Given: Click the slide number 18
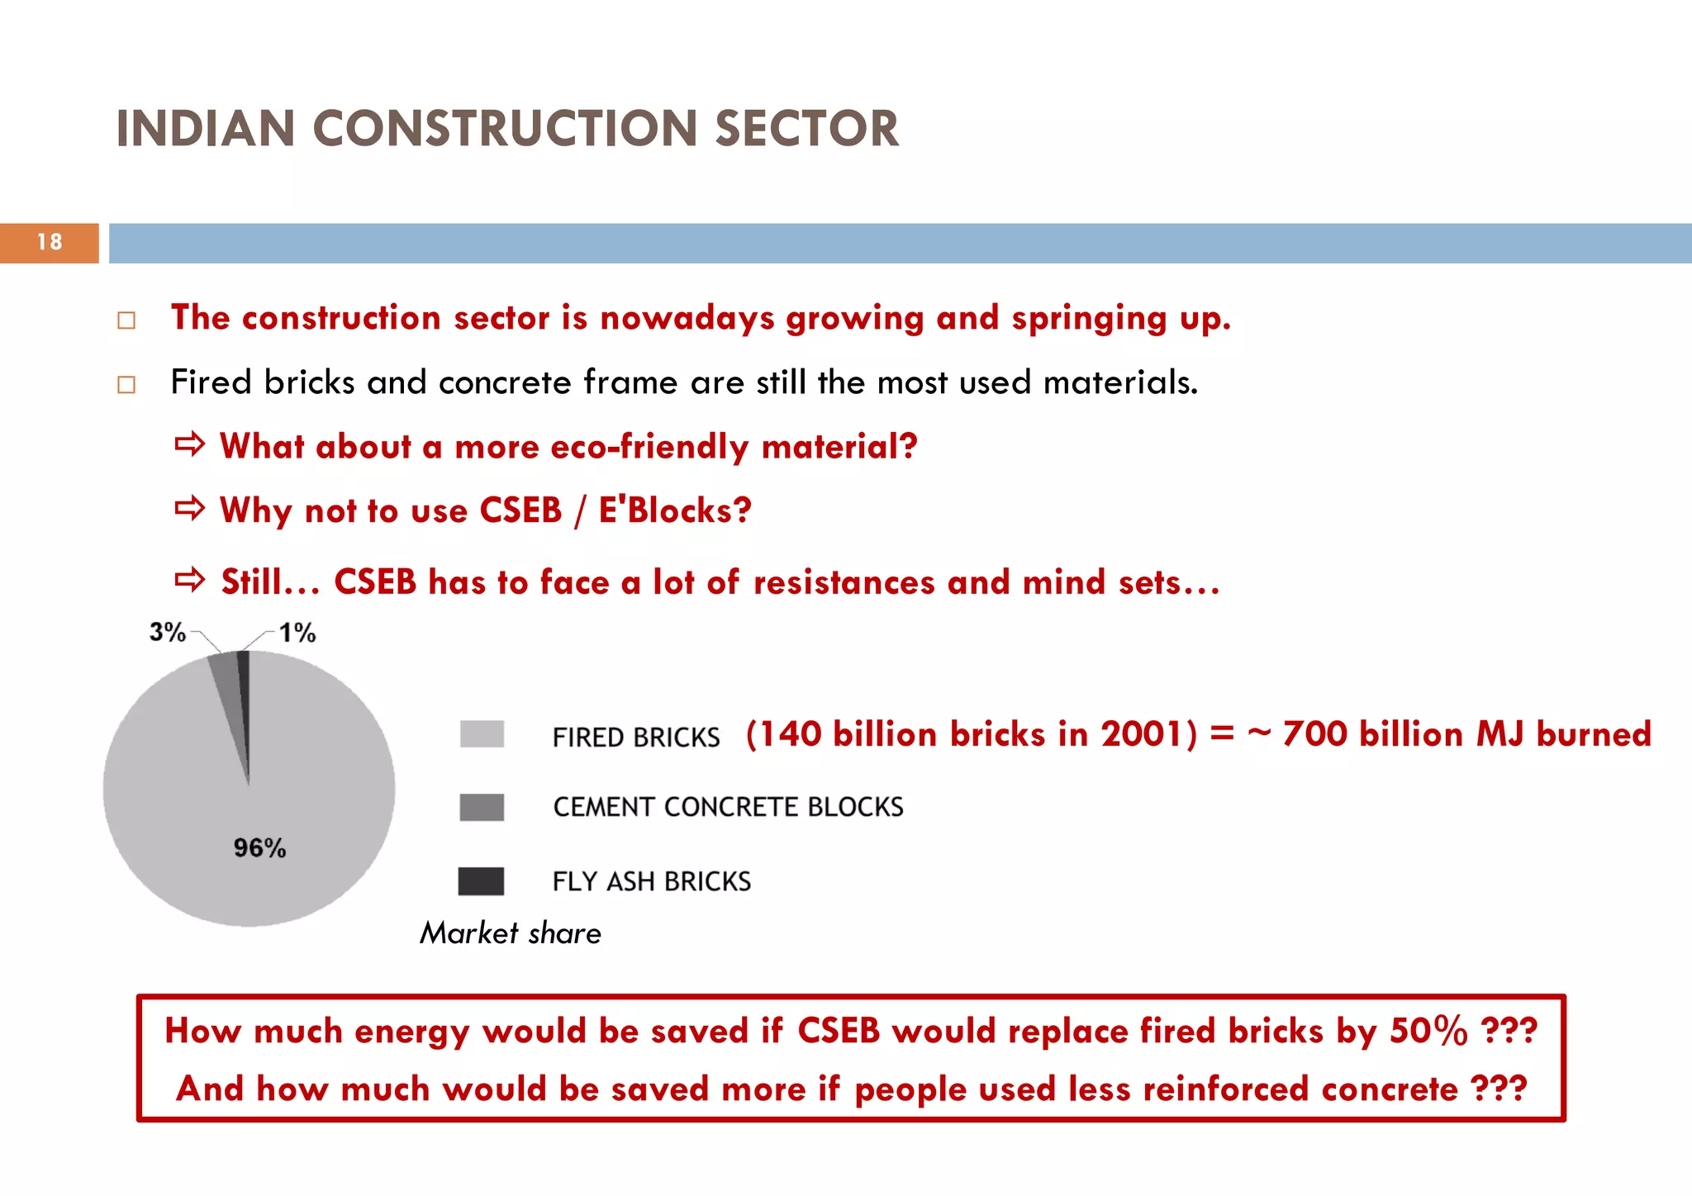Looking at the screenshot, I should [50, 242].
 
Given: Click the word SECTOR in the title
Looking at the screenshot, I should [806, 130].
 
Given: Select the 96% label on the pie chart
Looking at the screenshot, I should [259, 847].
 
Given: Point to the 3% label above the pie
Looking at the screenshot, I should [167, 632].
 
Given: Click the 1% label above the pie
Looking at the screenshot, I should [297, 634].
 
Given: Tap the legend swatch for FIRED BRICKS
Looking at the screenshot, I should [482, 733].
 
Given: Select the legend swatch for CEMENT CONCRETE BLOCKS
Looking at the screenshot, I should [482, 807].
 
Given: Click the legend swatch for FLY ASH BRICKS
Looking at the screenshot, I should [482, 880].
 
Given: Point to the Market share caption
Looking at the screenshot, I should [511, 933].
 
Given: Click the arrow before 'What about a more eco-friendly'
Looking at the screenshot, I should [189, 445].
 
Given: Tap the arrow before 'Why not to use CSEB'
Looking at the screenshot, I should [189, 509].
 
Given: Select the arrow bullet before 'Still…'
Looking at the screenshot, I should [189, 581].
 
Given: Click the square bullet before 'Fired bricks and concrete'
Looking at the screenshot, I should [126, 385].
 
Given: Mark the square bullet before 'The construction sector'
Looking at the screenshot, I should [126, 320].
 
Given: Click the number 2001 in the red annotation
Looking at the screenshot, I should [1143, 733].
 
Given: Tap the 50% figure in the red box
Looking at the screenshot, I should [1428, 1030].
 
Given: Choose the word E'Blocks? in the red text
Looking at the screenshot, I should [675, 510].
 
